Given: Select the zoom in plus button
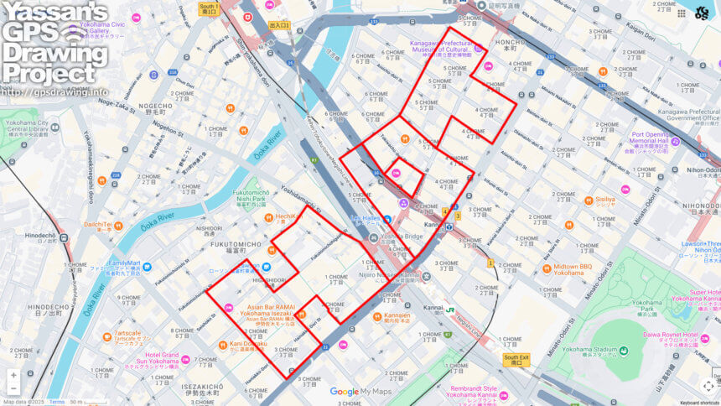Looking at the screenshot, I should tap(13, 375).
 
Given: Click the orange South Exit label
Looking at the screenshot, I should tap(516, 359).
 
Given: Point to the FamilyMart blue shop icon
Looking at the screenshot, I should tap(147, 267).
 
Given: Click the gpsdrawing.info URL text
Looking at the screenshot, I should tap(55, 92).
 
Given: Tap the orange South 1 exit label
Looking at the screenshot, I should tap(208, 9).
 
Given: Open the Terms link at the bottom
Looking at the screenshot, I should tap(56, 402).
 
